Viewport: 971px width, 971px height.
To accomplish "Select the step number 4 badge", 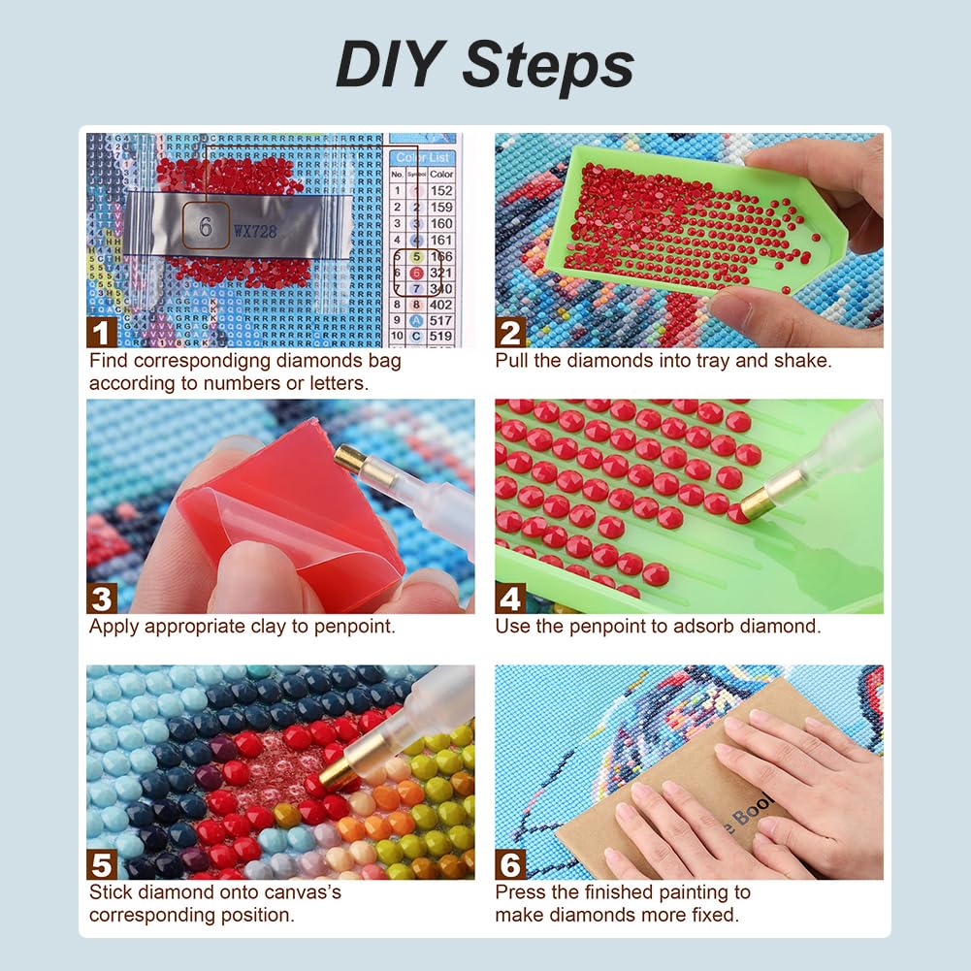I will point(510,598).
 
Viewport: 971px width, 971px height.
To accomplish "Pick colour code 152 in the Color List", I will point(441,191).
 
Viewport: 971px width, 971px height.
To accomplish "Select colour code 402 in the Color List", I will point(441,304).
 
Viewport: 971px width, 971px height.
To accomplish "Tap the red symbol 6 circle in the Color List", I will point(415,274).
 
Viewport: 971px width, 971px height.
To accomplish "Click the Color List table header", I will point(424,157).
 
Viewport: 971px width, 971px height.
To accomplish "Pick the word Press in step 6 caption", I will point(522,891).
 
